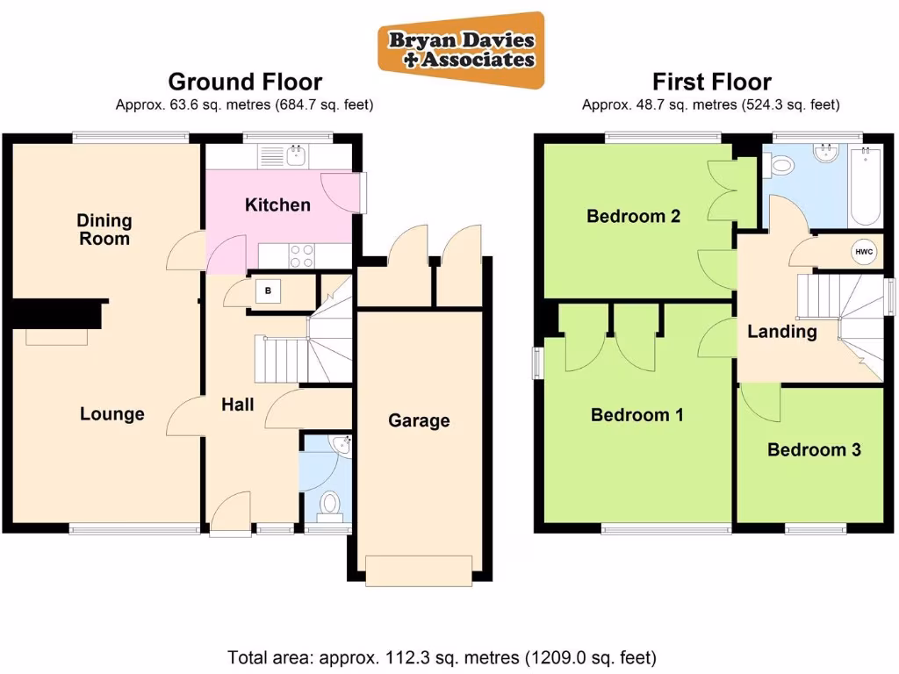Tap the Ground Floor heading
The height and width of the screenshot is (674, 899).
[x=245, y=82]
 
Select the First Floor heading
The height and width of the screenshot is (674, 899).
[x=711, y=82]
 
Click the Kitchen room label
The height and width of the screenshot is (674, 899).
[x=277, y=205]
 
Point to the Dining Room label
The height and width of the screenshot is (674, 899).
[x=104, y=229]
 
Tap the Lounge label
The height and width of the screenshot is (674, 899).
[x=112, y=414]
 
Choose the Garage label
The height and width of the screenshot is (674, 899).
[x=419, y=421]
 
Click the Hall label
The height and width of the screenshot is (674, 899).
[x=238, y=405]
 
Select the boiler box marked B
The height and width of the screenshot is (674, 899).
[x=268, y=291]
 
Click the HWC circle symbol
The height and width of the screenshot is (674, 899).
[x=864, y=253]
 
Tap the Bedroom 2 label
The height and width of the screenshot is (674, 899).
[x=634, y=216]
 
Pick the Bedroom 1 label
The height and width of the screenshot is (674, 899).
[x=636, y=415]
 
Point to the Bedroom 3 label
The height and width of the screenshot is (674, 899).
[x=814, y=450]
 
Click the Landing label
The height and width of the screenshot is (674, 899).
[x=781, y=332]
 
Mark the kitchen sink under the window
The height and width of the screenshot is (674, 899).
[x=295, y=156]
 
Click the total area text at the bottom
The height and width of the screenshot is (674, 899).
[x=442, y=656]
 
